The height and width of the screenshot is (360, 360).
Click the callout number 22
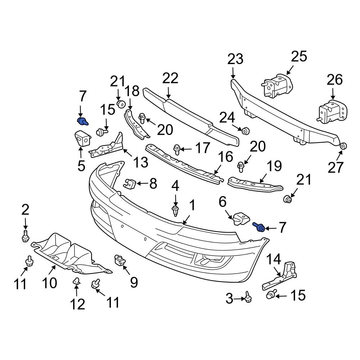(x=170, y=78)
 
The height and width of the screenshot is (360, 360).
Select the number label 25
(x=299, y=57)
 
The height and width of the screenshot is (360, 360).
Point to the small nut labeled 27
(x=343, y=146)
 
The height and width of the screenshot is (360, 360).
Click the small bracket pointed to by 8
(x=130, y=184)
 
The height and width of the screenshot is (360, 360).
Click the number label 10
(x=49, y=283)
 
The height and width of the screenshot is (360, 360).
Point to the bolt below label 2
(x=25, y=237)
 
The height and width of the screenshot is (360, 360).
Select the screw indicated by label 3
(x=248, y=297)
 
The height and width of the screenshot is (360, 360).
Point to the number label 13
(x=141, y=162)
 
